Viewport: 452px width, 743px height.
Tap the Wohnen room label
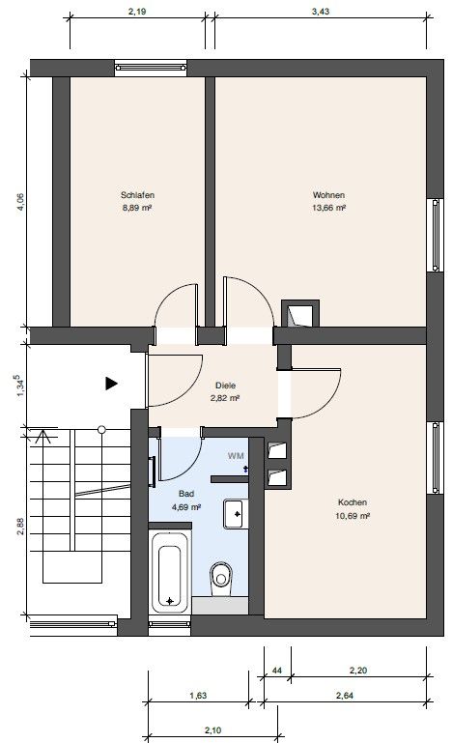tap(328, 194)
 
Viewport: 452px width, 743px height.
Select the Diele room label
tap(226, 384)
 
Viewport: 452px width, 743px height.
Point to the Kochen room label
tap(353, 502)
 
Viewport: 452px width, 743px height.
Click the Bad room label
tap(185, 493)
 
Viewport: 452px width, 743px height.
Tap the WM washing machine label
tap(236, 454)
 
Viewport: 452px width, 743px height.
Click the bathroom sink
tap(235, 513)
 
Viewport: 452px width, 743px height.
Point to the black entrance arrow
tap(111, 384)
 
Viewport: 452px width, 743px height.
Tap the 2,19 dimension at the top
tap(137, 12)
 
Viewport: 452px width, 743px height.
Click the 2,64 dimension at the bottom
tap(344, 695)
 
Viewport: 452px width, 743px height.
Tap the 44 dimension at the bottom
tap(277, 668)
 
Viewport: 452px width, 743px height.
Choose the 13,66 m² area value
tap(328, 207)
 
